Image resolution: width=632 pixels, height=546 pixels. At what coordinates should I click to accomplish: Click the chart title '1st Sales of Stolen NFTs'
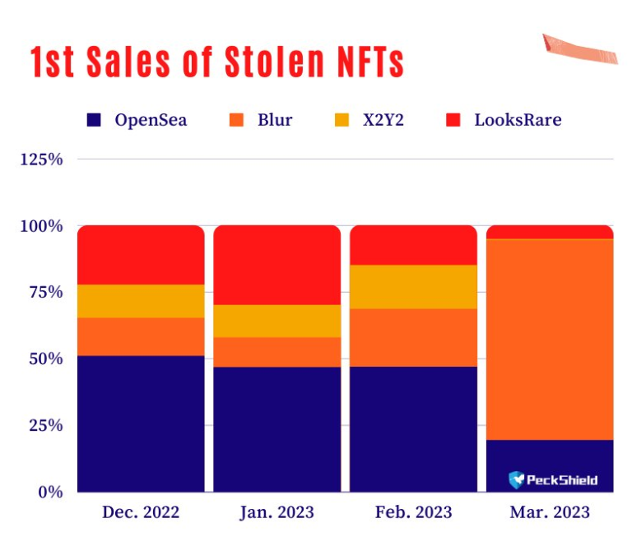coord(217,62)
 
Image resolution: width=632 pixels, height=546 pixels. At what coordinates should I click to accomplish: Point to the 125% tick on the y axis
coord(41,159)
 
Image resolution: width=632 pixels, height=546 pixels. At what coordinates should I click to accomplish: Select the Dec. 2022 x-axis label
coord(140,511)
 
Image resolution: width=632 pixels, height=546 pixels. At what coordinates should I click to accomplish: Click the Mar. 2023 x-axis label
coord(550,511)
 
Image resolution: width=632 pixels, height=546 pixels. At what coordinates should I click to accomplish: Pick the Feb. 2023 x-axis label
coord(413,511)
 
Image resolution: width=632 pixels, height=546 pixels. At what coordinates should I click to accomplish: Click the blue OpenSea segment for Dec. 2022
coord(141,423)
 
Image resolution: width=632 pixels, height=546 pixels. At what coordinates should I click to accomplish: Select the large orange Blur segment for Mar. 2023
coord(550,339)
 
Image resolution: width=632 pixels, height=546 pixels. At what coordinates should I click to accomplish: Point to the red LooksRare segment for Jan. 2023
coord(276,264)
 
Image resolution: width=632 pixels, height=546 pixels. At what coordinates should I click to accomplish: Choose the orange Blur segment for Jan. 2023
coord(276,352)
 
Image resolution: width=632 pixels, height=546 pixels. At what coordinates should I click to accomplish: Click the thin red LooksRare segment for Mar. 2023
coord(550,232)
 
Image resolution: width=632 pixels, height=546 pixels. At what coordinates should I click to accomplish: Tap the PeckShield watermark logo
coord(553,479)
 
